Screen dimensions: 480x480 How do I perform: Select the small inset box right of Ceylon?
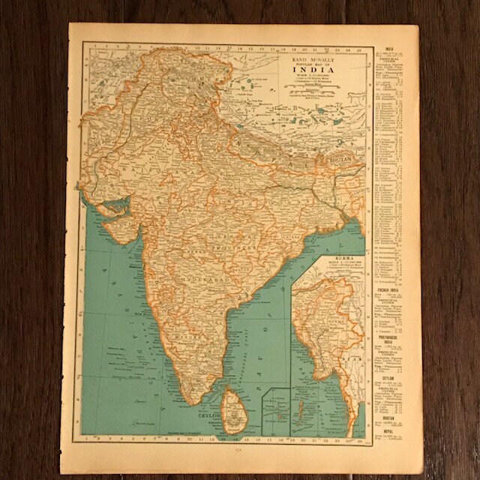click(x=275, y=411)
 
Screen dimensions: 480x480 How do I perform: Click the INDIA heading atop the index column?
click(x=389, y=28)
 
